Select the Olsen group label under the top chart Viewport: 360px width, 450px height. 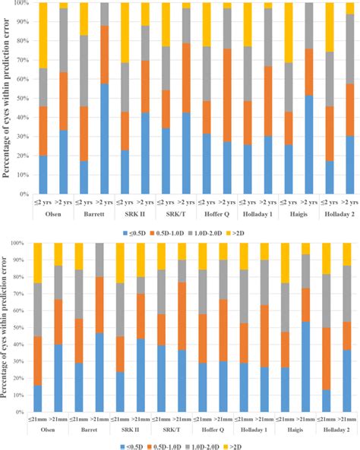click(53, 215)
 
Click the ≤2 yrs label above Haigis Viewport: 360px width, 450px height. click(289, 204)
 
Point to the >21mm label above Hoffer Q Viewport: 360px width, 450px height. click(227, 420)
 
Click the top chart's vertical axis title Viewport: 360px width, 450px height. click(7, 98)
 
